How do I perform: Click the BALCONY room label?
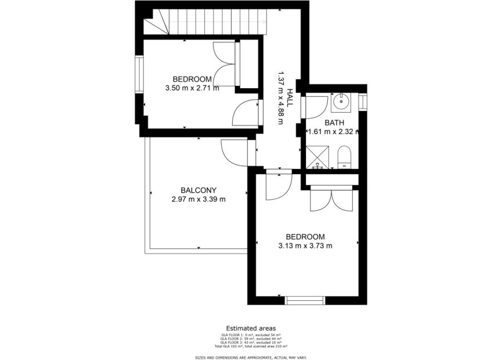(x=198, y=190)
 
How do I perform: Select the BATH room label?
(x=334, y=123)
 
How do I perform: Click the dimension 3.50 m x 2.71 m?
(x=192, y=89)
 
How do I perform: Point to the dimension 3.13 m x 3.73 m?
(x=305, y=246)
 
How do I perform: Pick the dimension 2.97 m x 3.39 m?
(x=198, y=199)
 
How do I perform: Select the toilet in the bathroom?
(x=344, y=157)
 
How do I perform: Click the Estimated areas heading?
(x=251, y=328)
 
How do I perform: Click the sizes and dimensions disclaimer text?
(x=251, y=357)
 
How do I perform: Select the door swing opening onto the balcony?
(x=234, y=153)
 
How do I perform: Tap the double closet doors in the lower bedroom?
(x=330, y=200)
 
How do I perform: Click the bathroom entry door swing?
(x=316, y=107)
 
